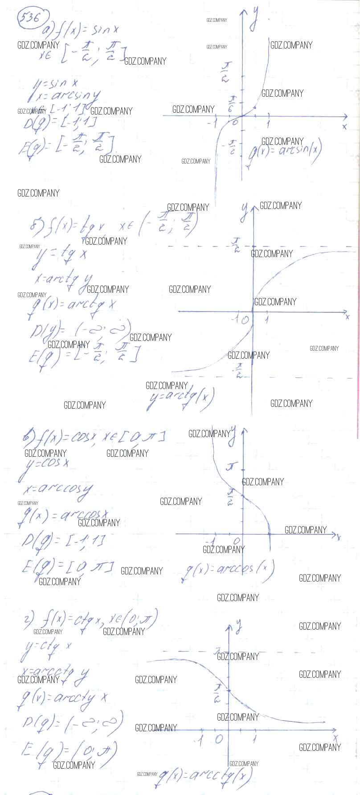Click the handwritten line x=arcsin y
[x=67, y=95]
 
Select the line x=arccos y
[x=58, y=490]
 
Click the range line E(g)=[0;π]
[x=67, y=568]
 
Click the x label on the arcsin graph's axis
[x=344, y=126]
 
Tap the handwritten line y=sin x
[x=56, y=83]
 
